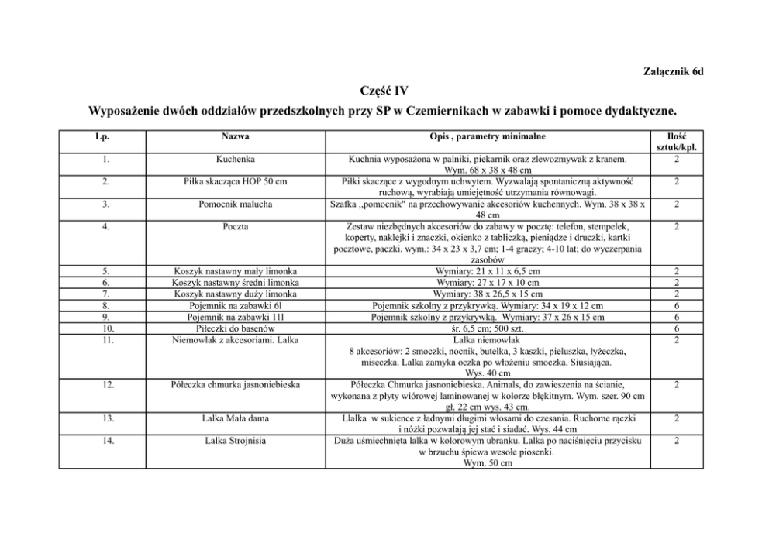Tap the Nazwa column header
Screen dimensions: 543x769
click(236, 136)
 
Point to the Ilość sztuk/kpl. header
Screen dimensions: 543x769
click(677, 142)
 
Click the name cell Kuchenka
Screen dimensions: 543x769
click(236, 160)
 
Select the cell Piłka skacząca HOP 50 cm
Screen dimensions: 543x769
click(236, 182)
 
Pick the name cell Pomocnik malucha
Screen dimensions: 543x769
click(236, 204)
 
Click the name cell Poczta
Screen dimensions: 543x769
click(236, 227)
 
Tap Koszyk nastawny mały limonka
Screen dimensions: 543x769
click(236, 272)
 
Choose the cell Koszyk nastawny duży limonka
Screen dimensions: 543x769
click(236, 294)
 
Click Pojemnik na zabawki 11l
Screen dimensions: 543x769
click(236, 317)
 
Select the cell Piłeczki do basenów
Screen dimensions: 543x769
click(236, 328)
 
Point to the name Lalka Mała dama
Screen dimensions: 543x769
click(236, 418)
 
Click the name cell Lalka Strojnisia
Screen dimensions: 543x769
click(236, 441)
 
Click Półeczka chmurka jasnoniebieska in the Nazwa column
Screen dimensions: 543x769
click(236, 384)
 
